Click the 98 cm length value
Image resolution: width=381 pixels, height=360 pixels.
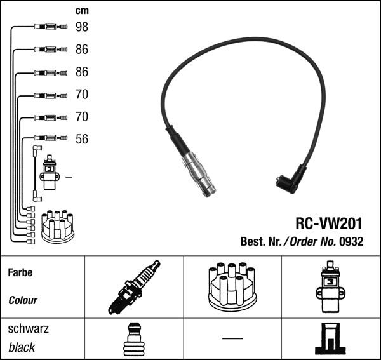(81, 27)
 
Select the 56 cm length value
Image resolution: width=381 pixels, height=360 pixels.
(81, 139)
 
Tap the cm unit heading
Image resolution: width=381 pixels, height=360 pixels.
(81, 11)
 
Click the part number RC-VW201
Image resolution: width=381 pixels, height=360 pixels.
(329, 224)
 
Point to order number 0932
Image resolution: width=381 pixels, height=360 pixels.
(351, 242)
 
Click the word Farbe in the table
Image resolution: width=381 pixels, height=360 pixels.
(20, 273)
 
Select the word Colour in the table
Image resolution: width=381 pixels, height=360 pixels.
(22, 300)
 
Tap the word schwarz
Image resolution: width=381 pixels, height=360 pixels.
(28, 329)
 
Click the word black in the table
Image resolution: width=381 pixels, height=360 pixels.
(22, 348)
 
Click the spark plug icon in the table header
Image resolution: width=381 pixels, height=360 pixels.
(133, 288)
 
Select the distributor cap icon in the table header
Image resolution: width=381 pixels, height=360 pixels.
(232, 287)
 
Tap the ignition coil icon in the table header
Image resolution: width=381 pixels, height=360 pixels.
(331, 287)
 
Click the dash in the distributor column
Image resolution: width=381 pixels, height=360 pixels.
(232, 338)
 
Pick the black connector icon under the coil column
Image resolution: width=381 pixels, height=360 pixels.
(331, 339)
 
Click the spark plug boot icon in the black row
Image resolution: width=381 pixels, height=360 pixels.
(133, 339)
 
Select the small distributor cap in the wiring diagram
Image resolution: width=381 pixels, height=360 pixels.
(57, 226)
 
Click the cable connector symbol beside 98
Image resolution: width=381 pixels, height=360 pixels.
(50, 27)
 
